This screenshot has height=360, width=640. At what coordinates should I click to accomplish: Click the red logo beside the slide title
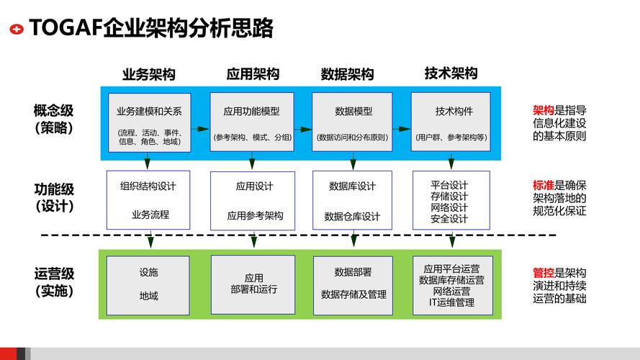pos(16,29)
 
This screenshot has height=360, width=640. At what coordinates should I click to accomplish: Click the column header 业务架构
pos(149,74)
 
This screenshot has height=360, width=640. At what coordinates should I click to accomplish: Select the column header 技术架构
pos(451,73)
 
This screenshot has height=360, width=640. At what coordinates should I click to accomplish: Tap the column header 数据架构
pos(347,74)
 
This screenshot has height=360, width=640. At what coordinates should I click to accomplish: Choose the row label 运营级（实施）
pos(53,282)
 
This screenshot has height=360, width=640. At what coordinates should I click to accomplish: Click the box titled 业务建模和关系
pos(150,122)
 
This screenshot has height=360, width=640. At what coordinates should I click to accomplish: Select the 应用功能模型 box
pos(251,122)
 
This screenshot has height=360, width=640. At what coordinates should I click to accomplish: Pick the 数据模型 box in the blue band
pos(353,122)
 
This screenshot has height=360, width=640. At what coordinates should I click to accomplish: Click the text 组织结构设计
pos(148,186)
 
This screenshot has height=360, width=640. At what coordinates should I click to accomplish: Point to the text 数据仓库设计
pos(352,216)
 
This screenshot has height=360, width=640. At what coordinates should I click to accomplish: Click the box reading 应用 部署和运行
pos(252,284)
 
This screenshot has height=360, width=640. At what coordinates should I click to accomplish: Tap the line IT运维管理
pos(451,302)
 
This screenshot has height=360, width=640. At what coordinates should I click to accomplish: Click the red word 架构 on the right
pos(543,111)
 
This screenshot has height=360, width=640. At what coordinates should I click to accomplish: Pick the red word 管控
pos(543,273)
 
